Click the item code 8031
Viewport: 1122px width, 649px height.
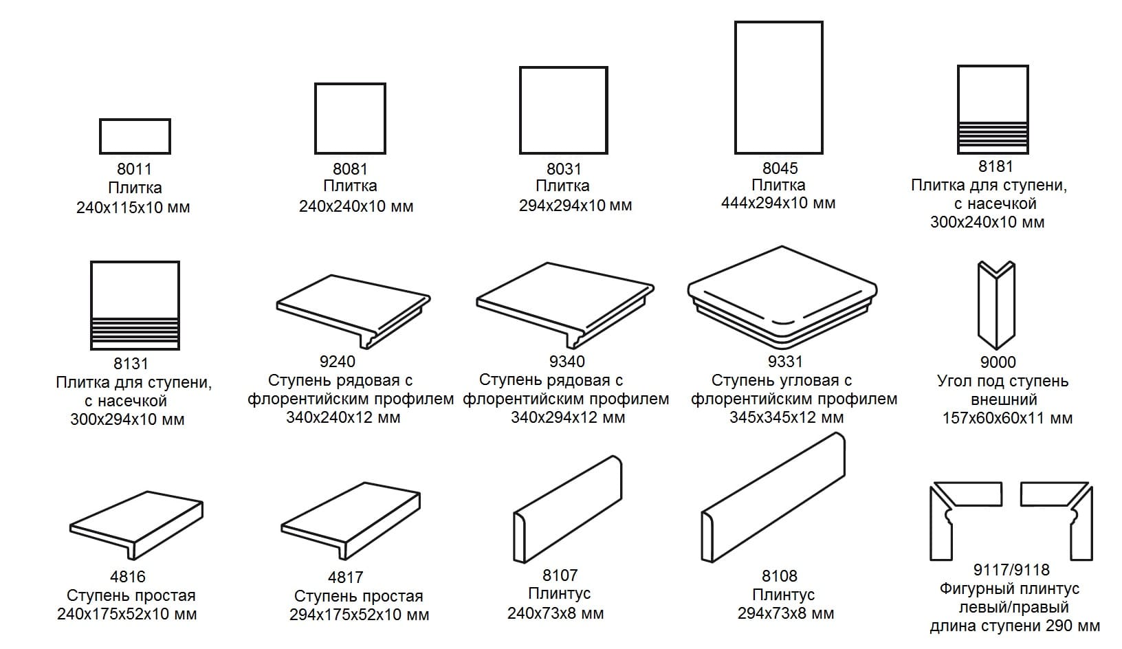point(564,168)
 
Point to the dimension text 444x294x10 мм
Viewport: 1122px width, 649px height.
point(778,203)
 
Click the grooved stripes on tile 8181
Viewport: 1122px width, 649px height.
point(993,137)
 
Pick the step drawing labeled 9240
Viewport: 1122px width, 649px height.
point(353,311)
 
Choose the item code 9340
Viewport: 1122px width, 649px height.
point(566,361)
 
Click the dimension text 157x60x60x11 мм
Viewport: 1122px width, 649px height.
point(1007,418)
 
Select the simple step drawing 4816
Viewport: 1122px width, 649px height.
point(136,525)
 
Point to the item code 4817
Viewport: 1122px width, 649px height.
point(345,577)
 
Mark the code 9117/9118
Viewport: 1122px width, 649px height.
point(1011,570)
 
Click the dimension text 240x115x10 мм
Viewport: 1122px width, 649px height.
point(133,208)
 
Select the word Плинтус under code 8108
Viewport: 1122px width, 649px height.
point(783,595)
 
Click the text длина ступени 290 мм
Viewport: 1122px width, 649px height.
point(1015,626)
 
